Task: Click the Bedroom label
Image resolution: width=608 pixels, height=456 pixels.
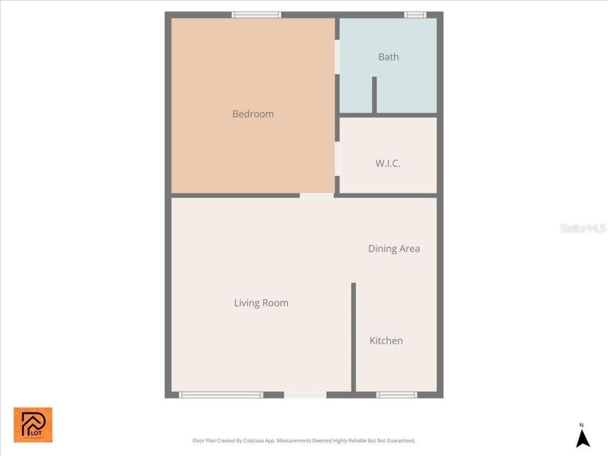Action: [x=253, y=114]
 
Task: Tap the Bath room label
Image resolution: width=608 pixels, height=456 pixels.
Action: [x=389, y=57]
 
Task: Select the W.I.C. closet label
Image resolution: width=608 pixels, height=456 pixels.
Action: [x=388, y=163]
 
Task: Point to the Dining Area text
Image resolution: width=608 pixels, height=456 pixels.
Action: [x=394, y=248]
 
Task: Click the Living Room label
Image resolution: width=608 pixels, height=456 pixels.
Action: [x=261, y=303]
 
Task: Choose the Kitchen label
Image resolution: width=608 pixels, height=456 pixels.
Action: [x=386, y=341]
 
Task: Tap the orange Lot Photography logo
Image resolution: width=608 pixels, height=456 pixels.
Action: [x=33, y=425]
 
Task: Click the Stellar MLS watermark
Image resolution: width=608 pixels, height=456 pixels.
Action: [x=582, y=228]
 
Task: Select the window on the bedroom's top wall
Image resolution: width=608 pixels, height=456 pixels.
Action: [x=256, y=15]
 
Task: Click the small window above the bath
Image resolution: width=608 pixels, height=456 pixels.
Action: [x=415, y=15]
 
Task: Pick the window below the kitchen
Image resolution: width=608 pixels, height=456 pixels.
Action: [x=397, y=395]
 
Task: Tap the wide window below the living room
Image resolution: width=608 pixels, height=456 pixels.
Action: [x=221, y=395]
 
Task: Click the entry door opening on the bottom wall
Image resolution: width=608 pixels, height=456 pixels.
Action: [x=305, y=395]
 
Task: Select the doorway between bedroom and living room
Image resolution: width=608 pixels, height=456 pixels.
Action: [x=316, y=195]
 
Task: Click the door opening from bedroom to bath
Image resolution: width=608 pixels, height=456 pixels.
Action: [x=337, y=57]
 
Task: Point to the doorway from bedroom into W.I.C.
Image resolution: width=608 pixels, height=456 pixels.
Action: [x=337, y=159]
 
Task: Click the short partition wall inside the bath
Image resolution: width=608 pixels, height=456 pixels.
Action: [x=374, y=95]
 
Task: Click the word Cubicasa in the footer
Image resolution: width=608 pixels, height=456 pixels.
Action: [x=254, y=441]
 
